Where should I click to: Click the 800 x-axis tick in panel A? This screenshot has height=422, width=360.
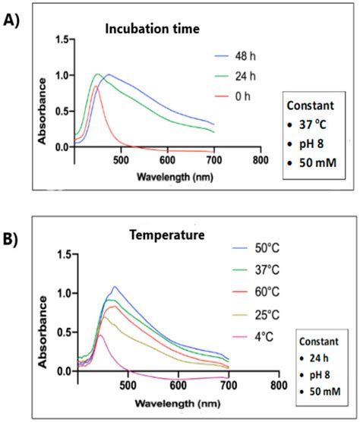click(260, 162)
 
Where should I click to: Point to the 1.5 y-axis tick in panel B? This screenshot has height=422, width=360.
click(64, 254)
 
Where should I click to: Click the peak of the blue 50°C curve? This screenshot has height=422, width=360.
click(114, 287)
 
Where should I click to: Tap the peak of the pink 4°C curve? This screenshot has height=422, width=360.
click(99, 335)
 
